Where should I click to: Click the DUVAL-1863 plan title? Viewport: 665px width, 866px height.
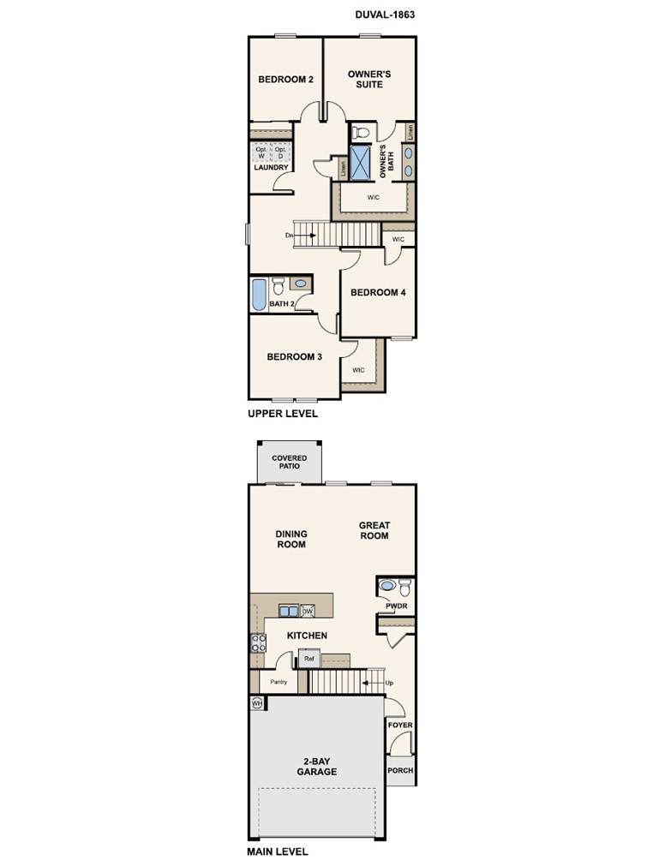(x=385, y=15)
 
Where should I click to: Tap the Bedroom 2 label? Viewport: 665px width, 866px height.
(x=285, y=80)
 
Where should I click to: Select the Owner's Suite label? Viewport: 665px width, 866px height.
(x=369, y=79)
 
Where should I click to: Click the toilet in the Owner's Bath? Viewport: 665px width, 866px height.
(x=361, y=133)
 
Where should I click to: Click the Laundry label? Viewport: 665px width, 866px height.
(x=271, y=167)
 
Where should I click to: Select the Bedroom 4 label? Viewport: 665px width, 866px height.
(x=378, y=292)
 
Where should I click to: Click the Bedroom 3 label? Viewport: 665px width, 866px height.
(x=295, y=357)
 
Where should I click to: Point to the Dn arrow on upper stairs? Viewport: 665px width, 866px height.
(x=305, y=236)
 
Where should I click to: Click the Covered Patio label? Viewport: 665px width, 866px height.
(x=290, y=463)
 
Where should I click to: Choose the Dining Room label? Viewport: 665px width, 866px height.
(x=291, y=539)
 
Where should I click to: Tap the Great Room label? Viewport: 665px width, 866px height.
(x=374, y=530)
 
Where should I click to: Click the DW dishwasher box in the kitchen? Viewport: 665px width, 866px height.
(x=308, y=611)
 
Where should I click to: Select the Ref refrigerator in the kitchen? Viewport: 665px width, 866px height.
(x=309, y=659)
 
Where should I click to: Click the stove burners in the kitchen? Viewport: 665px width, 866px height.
(x=259, y=643)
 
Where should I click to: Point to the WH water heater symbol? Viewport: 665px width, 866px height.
(x=257, y=703)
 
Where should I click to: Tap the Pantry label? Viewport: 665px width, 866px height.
(x=279, y=682)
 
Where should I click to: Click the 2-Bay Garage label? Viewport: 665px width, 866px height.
(x=317, y=767)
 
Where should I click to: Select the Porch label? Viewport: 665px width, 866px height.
(x=400, y=770)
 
